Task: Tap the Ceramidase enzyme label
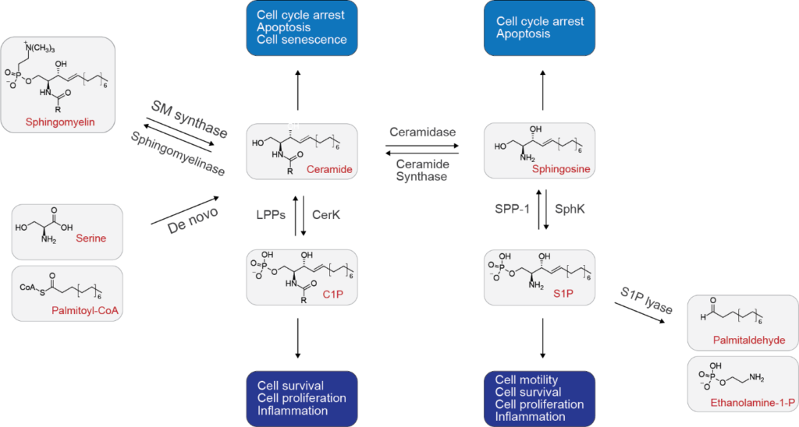(421, 132)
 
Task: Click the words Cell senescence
(302, 40)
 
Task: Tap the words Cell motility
(527, 379)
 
